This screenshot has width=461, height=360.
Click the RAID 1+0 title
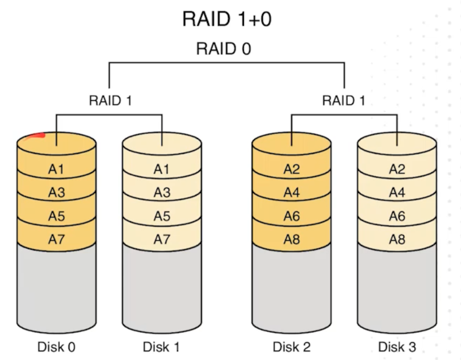(x=227, y=19)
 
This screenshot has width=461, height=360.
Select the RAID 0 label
(x=223, y=48)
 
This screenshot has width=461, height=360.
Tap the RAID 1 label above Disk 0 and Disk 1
(x=110, y=101)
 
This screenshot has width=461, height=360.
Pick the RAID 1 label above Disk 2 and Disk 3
(x=344, y=101)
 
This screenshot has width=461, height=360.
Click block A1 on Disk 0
(x=56, y=169)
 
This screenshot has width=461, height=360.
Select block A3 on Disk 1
(x=162, y=193)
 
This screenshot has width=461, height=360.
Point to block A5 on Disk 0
(x=56, y=216)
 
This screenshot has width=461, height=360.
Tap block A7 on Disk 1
(x=162, y=239)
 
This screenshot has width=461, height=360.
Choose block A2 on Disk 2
(x=292, y=169)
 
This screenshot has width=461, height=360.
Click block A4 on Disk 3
(x=397, y=193)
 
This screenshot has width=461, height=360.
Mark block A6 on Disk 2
(x=292, y=216)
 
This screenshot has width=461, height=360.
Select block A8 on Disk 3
(x=397, y=239)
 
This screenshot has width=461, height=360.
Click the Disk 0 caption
(x=56, y=347)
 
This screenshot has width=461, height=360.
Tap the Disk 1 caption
(x=161, y=347)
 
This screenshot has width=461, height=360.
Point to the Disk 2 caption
(x=292, y=347)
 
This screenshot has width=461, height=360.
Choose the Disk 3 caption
(x=397, y=347)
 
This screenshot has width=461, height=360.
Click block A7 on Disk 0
(x=56, y=239)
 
